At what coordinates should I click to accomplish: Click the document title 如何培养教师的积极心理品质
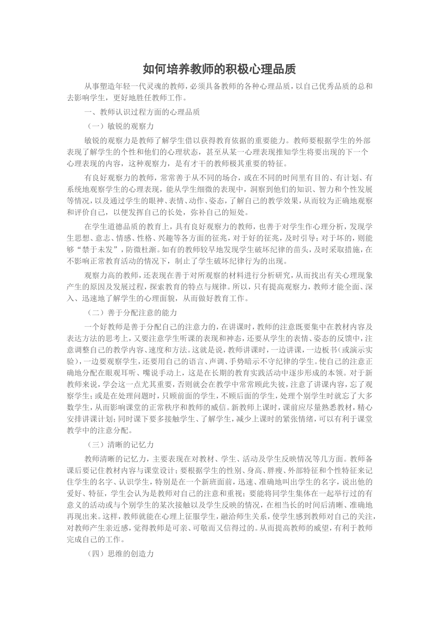[x=219, y=69]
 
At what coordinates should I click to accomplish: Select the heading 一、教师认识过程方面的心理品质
[x=142, y=112]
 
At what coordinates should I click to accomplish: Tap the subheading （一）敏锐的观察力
[x=120, y=126]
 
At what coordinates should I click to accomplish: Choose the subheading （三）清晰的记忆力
[x=120, y=445]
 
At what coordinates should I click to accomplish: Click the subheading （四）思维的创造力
[x=120, y=554]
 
